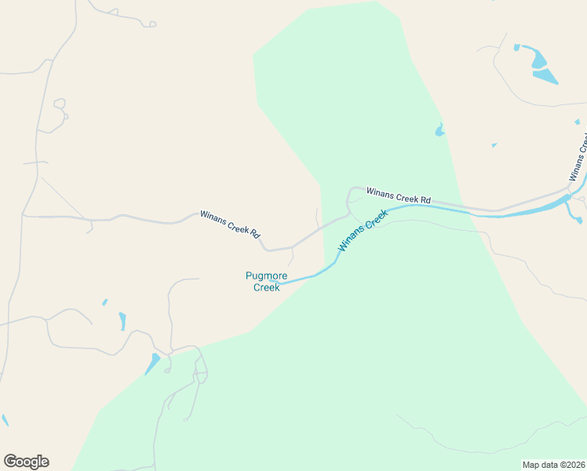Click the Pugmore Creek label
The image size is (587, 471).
[266, 281]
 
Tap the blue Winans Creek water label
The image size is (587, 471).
[363, 231]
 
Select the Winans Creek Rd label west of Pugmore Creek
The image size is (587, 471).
[229, 223]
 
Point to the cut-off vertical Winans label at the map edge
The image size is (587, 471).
[578, 158]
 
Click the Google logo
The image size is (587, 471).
[26, 462]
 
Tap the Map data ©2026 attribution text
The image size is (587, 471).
[553, 465]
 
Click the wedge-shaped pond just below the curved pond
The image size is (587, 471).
[545, 76]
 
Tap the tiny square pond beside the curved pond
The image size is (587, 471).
[516, 47]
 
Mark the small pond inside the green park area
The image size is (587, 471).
[439, 130]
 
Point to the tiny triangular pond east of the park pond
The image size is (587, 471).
[494, 145]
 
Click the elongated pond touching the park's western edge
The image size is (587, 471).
[153, 363]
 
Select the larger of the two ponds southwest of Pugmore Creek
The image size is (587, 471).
[122, 321]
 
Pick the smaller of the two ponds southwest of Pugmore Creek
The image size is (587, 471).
[104, 302]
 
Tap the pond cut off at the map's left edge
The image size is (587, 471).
[4, 421]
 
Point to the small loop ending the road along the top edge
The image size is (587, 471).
[148, 24]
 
